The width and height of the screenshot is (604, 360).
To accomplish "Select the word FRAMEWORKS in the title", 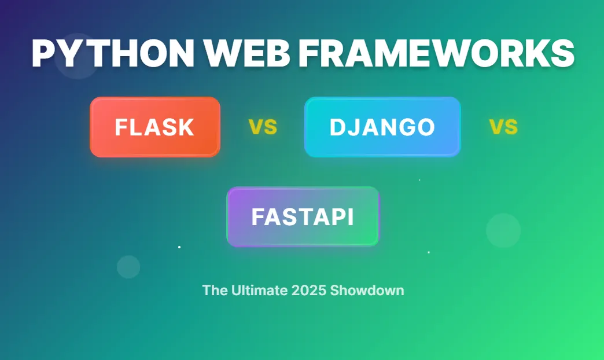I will point(436,54).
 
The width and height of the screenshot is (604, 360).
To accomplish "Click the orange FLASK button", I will point(155,127).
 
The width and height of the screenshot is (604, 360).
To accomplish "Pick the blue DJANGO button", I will point(382,127).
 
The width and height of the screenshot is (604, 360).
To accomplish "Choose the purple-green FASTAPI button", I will point(303,217).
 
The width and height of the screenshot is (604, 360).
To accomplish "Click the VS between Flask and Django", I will point(263,127).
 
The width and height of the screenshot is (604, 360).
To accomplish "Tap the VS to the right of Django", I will point(503,127).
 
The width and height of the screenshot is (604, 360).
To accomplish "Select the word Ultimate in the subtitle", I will point(259,291).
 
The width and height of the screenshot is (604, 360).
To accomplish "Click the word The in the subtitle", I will point(215,291).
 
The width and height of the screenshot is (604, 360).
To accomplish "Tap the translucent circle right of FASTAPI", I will point(503,230).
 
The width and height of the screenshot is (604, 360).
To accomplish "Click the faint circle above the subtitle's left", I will point(128,267).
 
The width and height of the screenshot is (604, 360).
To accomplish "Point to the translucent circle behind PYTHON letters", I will point(76,56).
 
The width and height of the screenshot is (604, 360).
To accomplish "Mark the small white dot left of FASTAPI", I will point(179,247).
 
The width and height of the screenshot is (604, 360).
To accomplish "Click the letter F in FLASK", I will point(120,127).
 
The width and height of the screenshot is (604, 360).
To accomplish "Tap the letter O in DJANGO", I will point(425,127).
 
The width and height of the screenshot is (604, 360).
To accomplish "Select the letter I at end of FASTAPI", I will point(349,217).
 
